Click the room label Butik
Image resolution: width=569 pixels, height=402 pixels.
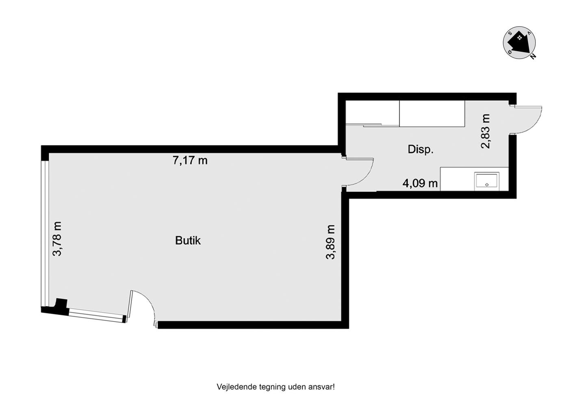(x=188, y=240)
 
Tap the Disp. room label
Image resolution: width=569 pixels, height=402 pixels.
(x=420, y=150)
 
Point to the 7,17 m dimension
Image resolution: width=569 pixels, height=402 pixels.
(x=190, y=160)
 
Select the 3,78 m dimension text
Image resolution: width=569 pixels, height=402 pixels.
(x=57, y=239)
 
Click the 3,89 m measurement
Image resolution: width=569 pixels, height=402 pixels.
(x=330, y=242)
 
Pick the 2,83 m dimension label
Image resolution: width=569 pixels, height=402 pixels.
(x=486, y=131)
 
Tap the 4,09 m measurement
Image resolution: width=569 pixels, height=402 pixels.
(x=420, y=183)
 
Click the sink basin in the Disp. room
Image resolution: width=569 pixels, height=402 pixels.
(x=487, y=181)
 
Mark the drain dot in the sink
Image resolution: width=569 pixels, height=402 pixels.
(x=487, y=185)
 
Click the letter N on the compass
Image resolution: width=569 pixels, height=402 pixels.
(x=533, y=56)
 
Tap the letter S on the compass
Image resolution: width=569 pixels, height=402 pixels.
(x=510, y=34)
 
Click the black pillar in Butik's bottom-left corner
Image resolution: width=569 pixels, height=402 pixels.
(x=61, y=303)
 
